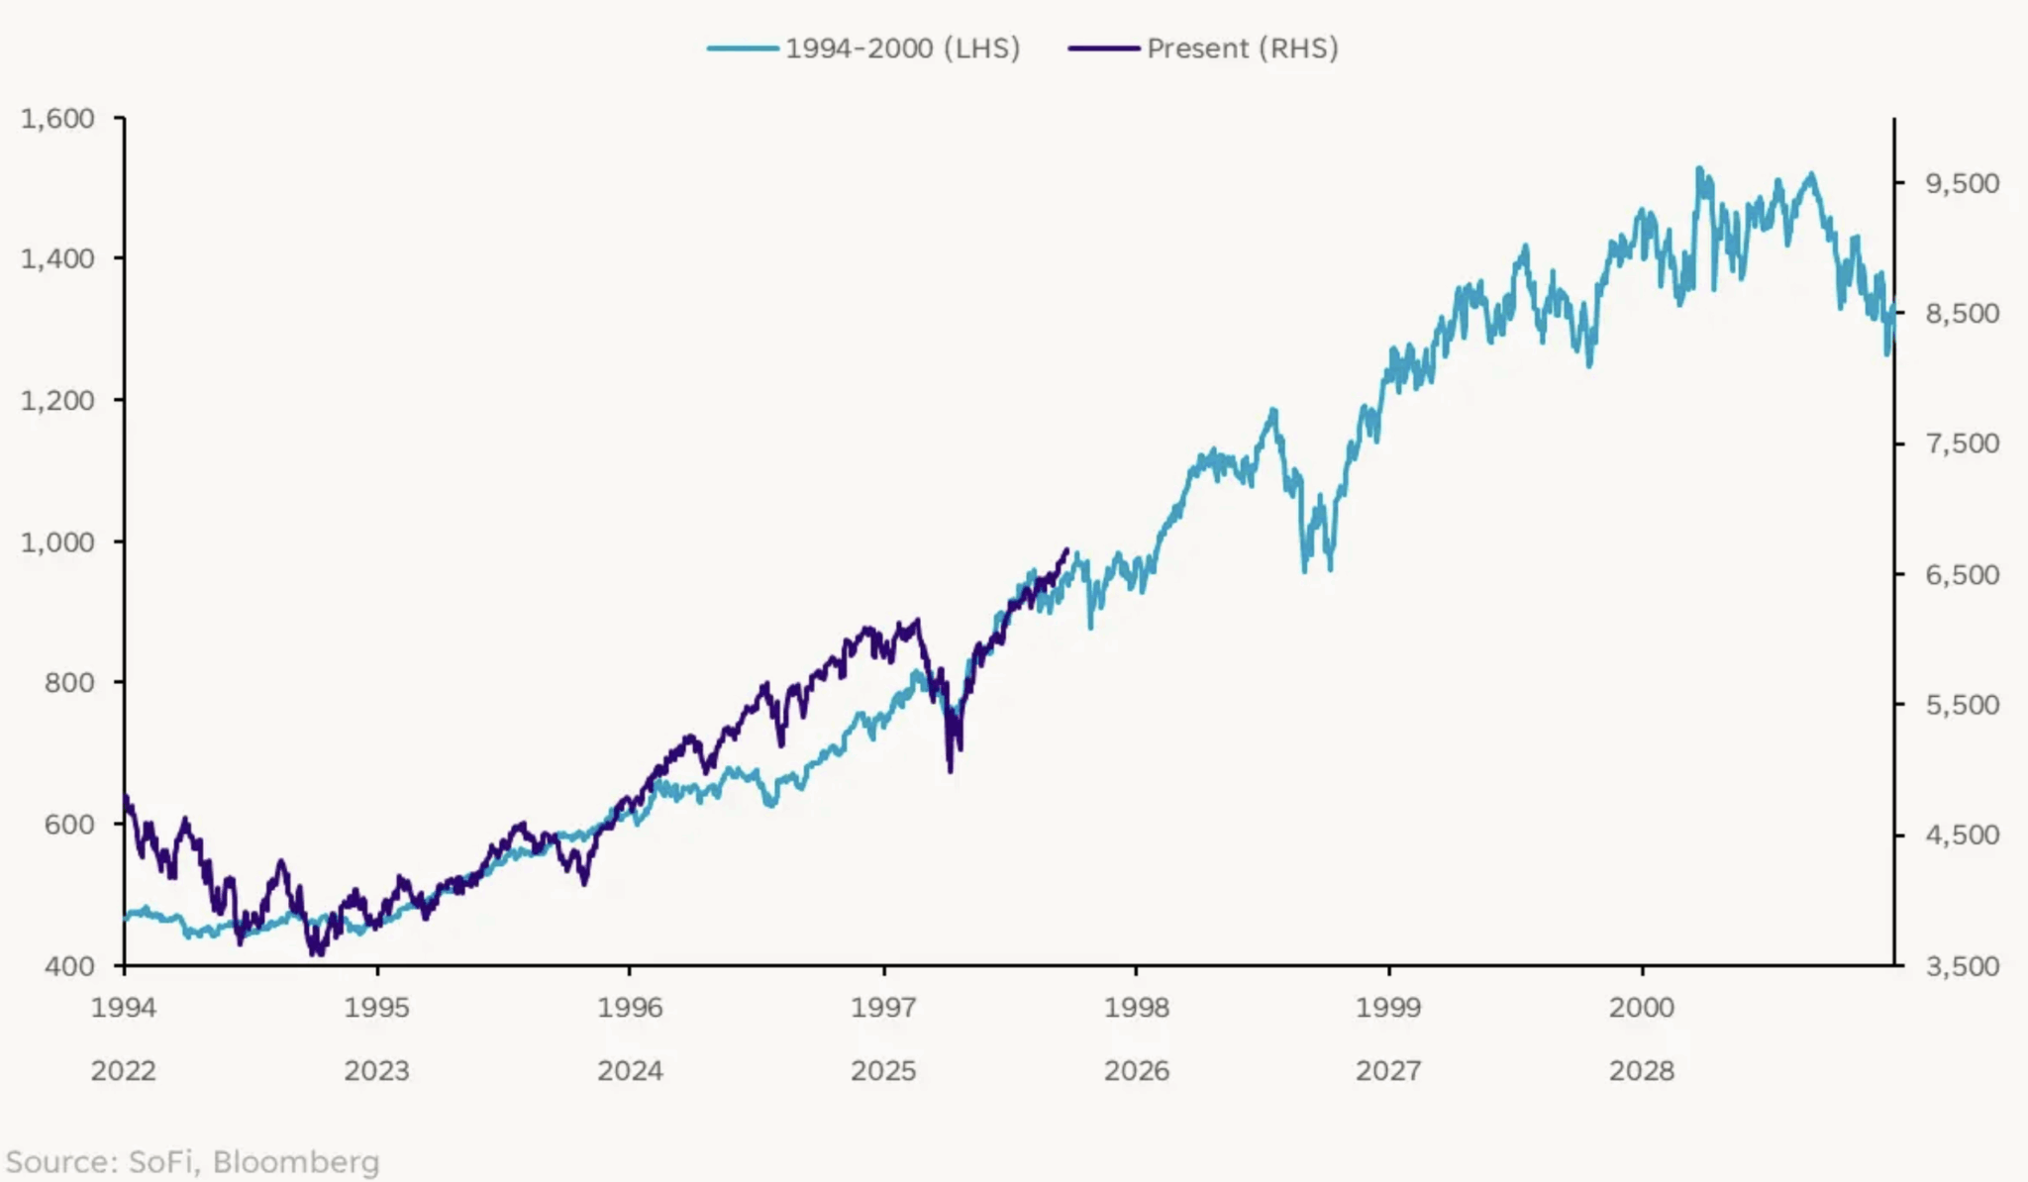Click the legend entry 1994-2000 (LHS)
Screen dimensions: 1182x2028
(901, 48)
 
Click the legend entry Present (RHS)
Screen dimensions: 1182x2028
(1241, 48)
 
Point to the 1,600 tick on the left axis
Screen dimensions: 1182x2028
(57, 118)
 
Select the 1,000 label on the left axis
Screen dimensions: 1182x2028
(57, 542)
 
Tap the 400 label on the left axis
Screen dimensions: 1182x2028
(69, 965)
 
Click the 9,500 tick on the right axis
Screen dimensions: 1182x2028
(1962, 183)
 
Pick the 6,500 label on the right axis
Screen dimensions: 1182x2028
(1962, 574)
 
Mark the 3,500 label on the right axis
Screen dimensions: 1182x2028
(1962, 965)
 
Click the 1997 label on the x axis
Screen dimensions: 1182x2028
(883, 1007)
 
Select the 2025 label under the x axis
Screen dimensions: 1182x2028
(883, 1070)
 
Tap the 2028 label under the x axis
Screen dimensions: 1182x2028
(1642, 1070)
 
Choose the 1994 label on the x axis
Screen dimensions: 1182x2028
(124, 1007)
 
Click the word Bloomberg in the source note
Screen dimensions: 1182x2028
(296, 1161)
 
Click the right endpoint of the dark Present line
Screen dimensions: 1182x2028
(1066, 549)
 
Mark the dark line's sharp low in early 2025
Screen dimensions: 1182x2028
(951, 770)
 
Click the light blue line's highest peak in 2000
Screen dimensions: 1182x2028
(1699, 168)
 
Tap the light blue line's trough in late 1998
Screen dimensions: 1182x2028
(1305, 570)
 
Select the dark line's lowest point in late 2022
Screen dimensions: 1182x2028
(317, 954)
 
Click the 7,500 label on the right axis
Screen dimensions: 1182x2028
(1962, 443)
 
